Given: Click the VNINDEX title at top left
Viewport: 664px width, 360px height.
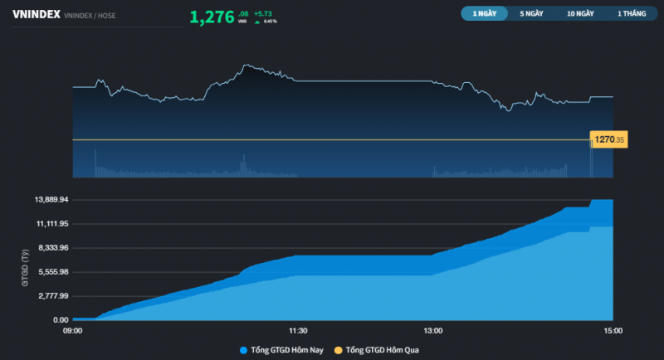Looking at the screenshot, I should click(x=36, y=14).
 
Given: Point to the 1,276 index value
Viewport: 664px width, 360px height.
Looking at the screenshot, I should click(x=212, y=17).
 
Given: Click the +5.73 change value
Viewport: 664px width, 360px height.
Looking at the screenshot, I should click(x=263, y=13).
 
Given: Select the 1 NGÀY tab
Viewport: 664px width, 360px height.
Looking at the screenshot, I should click(x=484, y=14).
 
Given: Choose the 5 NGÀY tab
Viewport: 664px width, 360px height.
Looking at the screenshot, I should click(x=532, y=14).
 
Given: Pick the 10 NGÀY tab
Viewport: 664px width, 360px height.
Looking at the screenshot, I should click(x=581, y=14).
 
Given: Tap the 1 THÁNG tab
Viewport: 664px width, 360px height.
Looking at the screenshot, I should click(x=631, y=14).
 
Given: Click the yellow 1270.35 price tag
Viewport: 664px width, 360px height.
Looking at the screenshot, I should click(x=608, y=139).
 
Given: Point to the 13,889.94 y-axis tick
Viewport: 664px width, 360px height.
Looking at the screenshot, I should click(x=51, y=200).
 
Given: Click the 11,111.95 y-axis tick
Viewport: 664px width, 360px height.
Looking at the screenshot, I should click(x=51, y=224).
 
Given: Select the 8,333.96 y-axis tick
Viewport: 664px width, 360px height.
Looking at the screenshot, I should click(x=51, y=248).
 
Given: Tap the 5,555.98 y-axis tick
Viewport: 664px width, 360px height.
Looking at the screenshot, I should click(x=51, y=272).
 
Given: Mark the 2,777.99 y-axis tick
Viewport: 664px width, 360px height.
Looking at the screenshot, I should click(x=51, y=296).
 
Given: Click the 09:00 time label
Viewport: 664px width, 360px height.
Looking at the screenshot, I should click(x=73, y=331).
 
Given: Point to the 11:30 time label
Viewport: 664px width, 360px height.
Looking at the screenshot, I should click(x=298, y=331).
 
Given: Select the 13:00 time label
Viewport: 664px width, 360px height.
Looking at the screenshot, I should click(x=432, y=331).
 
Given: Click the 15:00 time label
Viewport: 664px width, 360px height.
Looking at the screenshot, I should click(x=613, y=331).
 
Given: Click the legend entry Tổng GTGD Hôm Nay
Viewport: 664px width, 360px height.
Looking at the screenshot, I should click(x=281, y=350).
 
